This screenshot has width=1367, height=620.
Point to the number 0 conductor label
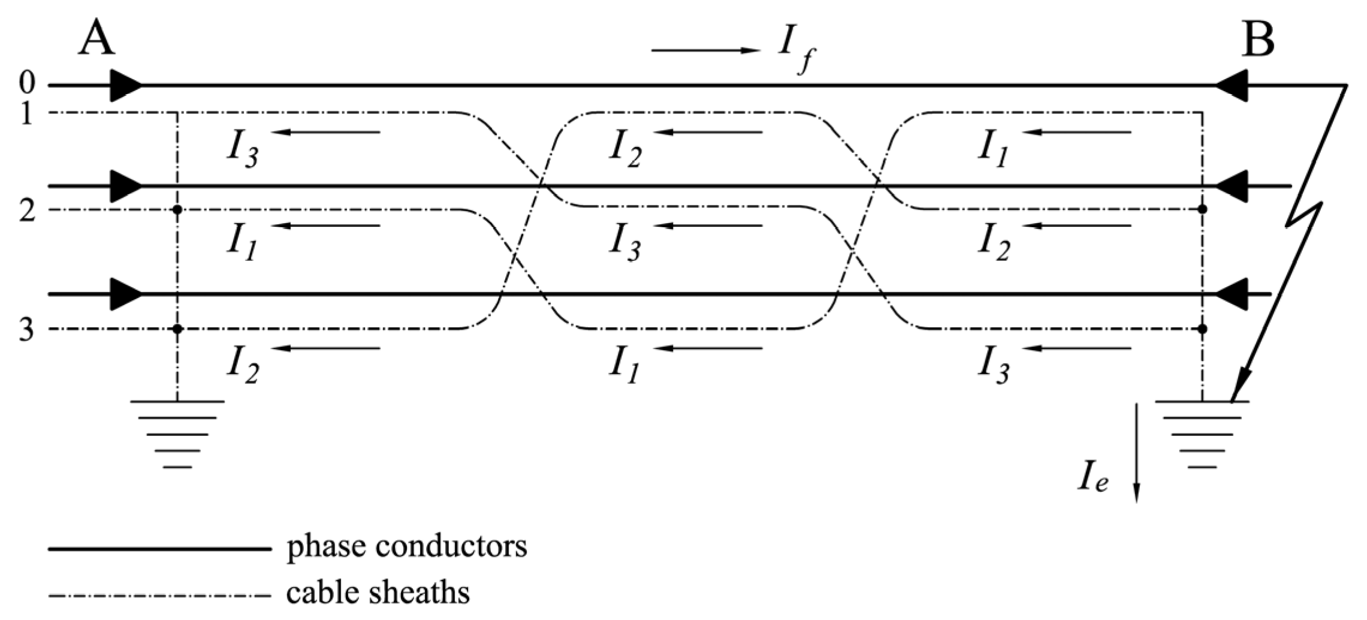[26, 83]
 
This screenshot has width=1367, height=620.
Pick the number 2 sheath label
[26, 210]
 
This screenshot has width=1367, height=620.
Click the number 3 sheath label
[26, 330]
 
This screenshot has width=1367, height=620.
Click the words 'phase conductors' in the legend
[407, 547]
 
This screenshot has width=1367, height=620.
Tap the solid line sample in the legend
[159, 549]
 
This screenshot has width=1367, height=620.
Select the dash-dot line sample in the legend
[159, 596]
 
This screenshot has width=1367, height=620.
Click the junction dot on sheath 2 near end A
[177, 210]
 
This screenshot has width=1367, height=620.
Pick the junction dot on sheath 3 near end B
[1202, 329]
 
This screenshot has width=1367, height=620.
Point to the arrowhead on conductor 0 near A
[126, 86]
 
